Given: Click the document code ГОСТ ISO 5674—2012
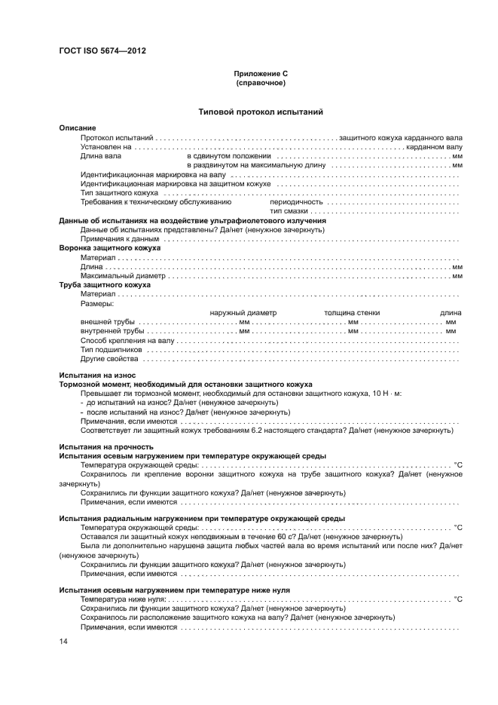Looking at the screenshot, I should coord(102,51).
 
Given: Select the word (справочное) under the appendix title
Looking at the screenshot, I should coord(261,83).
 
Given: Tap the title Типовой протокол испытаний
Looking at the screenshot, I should coord(261,112).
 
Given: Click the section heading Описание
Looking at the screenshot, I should coord(77,129).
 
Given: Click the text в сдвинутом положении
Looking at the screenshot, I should coord(228,156).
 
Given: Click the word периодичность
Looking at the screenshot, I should coord(296,202).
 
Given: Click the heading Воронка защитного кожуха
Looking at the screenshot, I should coord(109,248).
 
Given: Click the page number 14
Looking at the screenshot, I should coord(63,641).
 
